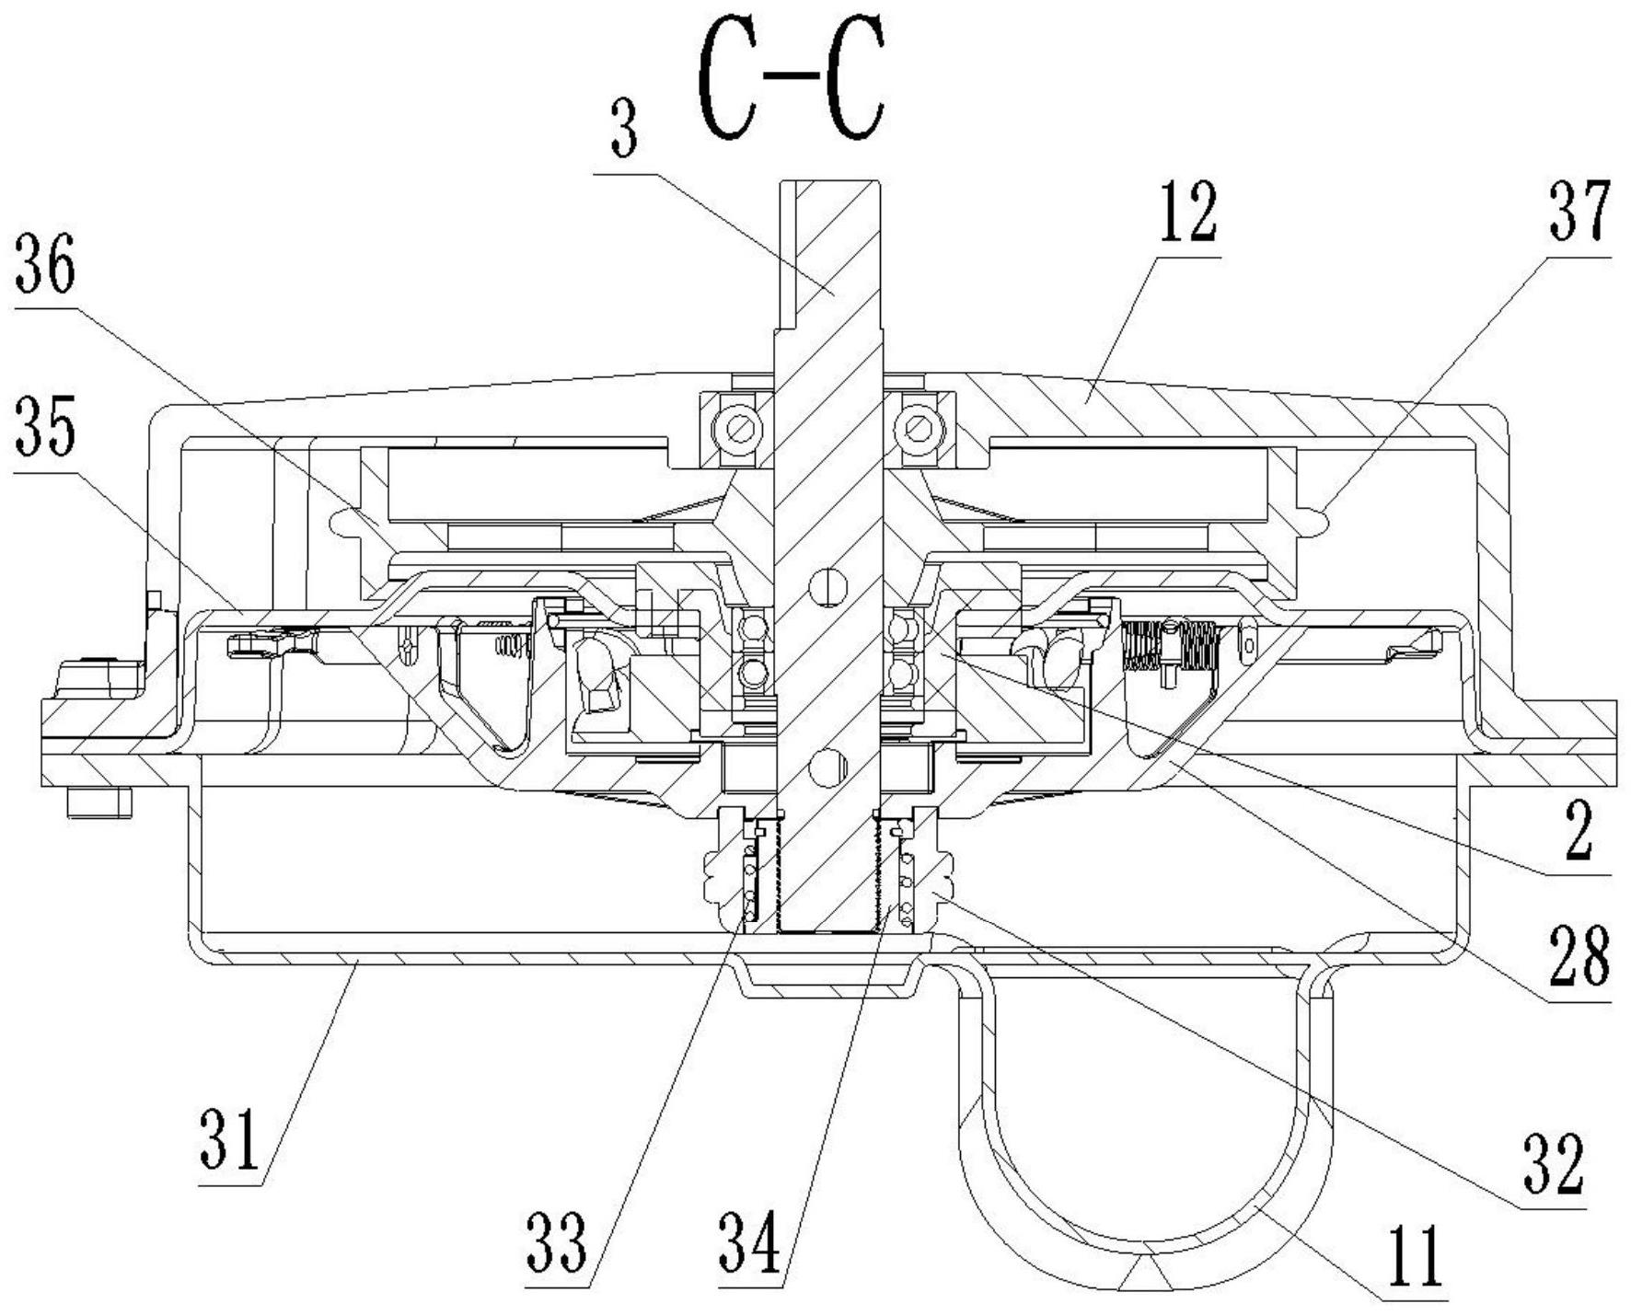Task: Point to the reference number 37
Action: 1579,212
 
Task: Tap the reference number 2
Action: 1578,834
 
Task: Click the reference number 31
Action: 231,1138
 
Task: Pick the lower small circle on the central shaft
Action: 827,763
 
